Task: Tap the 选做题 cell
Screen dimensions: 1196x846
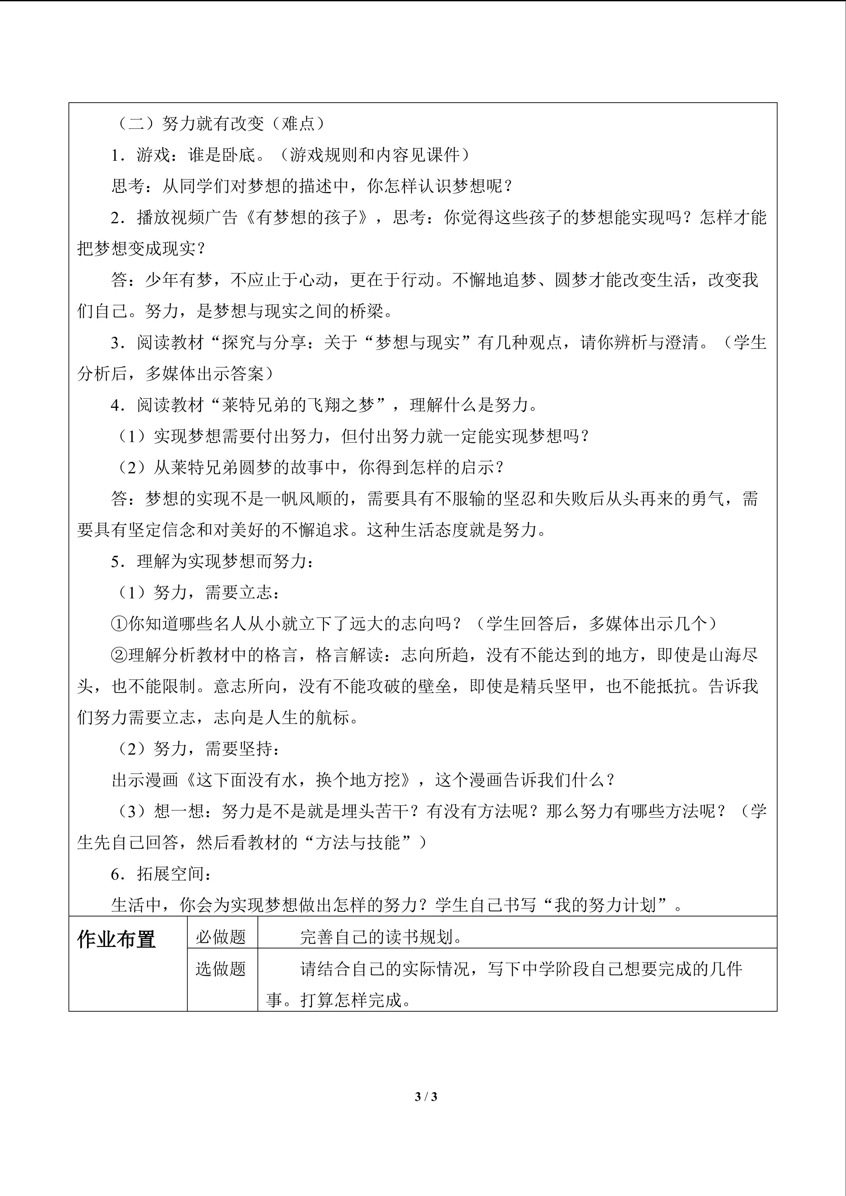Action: pyautogui.click(x=221, y=969)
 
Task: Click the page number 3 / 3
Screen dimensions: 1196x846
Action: pyautogui.click(x=426, y=1097)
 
